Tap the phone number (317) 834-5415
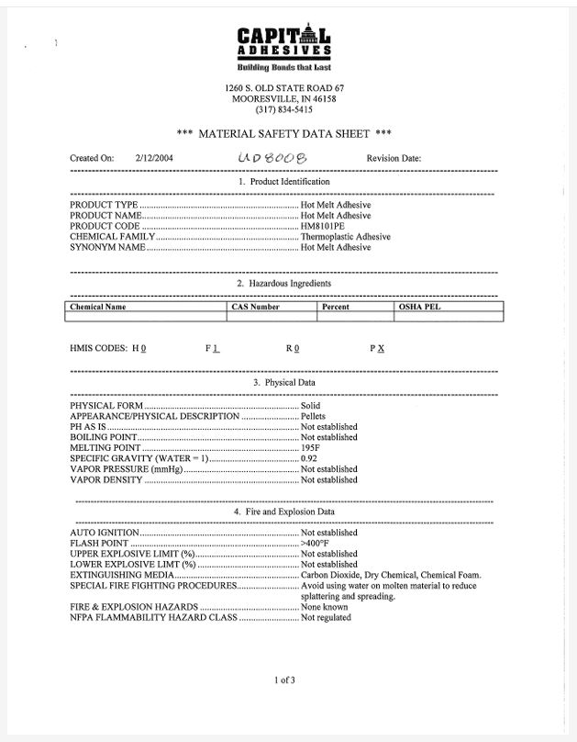[x=283, y=109]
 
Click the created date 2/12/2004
[x=154, y=158]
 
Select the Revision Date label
[x=394, y=158]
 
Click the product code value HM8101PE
[x=326, y=226]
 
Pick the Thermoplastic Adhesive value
[x=345, y=237]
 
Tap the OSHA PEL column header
[x=419, y=307]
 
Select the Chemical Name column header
[x=98, y=307]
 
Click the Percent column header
[x=336, y=307]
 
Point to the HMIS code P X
[x=377, y=349]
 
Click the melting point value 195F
[x=311, y=447]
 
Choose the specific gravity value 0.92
[x=310, y=458]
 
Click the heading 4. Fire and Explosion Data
[x=283, y=512]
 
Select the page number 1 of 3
[x=284, y=680]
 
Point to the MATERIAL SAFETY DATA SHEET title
[x=283, y=133]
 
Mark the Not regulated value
[x=326, y=618]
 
